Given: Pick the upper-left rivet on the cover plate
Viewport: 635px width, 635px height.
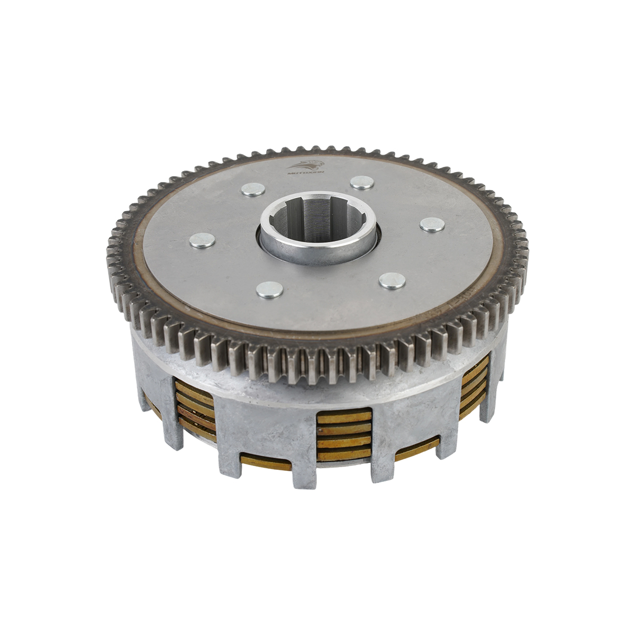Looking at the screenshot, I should [252, 189].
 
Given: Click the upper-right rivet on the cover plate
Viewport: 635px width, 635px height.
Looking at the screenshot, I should [362, 182].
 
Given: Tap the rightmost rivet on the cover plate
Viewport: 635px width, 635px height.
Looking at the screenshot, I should [432, 224].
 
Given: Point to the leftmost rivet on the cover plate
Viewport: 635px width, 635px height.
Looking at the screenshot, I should [202, 241].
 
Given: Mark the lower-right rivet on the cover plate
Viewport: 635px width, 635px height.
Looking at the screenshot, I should [392, 280].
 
